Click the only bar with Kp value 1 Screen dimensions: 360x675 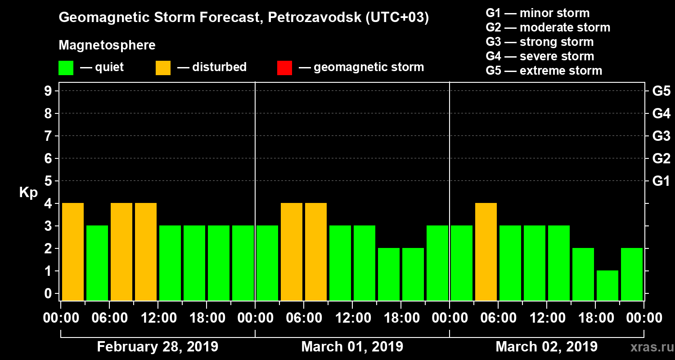[x=607, y=285]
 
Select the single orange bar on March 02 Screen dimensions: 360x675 [x=486, y=252]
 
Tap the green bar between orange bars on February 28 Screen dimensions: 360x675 [x=97, y=263]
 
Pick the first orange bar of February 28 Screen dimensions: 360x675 [x=73, y=252]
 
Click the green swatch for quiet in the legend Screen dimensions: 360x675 [x=66, y=68]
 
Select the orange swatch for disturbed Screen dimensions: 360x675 [x=163, y=68]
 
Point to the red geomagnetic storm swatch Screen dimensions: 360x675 [x=284, y=68]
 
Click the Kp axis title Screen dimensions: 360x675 [x=28, y=193]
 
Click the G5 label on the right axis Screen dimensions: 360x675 [x=661, y=91]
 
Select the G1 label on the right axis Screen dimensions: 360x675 [x=661, y=181]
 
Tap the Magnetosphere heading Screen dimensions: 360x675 [x=107, y=45]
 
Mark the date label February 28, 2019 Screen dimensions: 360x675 [x=157, y=347]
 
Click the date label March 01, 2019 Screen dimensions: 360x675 [x=352, y=347]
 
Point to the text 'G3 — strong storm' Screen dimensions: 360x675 [x=540, y=42]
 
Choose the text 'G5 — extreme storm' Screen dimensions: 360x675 [x=544, y=71]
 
